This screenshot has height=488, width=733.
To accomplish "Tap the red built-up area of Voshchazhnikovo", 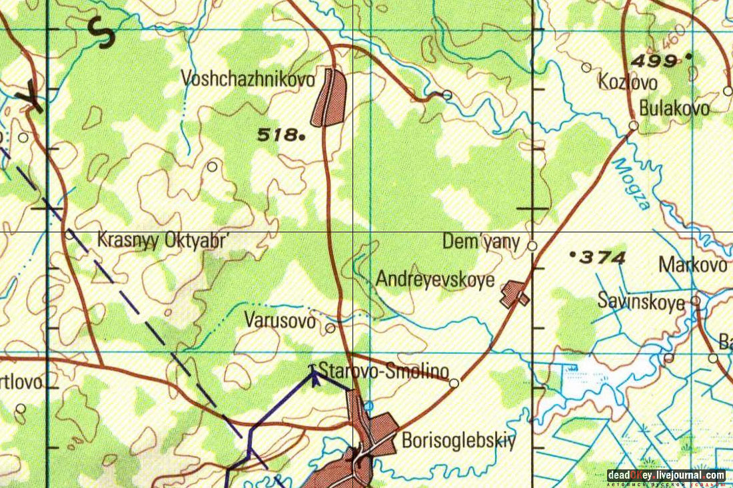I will tap(331, 97).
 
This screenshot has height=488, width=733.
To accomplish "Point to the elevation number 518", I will tap(277, 135).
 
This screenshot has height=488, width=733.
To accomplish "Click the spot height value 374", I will tap(602, 258).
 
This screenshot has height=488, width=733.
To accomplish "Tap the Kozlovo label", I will tap(628, 83).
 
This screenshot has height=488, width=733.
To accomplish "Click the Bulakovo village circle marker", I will tap(634, 125).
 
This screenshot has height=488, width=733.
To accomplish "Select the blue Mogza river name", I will tap(631, 184).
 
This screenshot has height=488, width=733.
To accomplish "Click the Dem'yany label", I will tap(481, 242).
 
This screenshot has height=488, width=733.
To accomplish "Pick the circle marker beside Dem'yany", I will tap(532, 246).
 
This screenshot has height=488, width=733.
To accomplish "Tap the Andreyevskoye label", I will tap(435, 279).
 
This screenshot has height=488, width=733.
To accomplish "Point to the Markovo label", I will tap(693, 265).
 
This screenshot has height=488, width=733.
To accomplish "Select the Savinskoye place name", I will tap(641, 302).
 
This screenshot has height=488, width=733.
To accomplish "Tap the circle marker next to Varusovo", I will tap(331, 328).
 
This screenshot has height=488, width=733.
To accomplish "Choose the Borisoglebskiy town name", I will tap(458, 441).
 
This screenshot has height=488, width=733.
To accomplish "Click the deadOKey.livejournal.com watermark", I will tap(666, 475).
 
